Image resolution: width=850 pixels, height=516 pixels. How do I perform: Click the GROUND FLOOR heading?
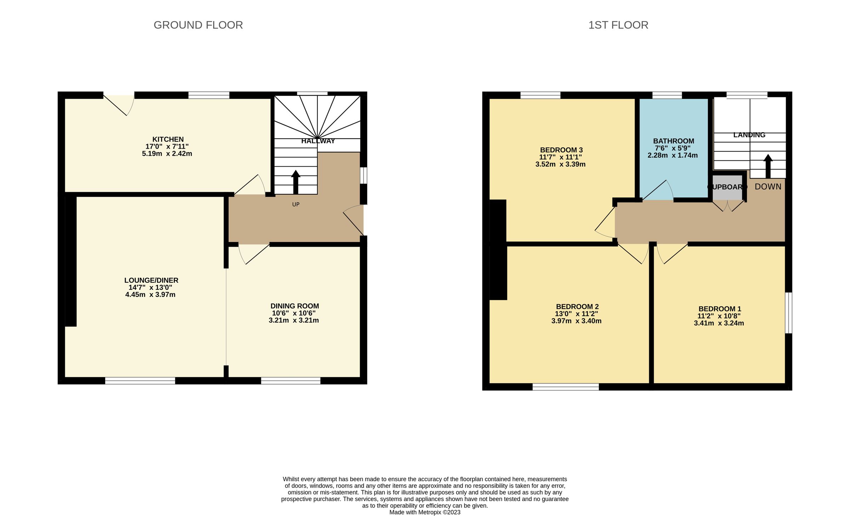coord(198,25)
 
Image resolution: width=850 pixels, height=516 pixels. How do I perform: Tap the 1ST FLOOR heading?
coord(618,25)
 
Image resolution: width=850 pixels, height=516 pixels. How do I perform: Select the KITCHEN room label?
coord(168,139)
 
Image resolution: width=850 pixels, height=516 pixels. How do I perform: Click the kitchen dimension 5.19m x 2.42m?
coord(167,154)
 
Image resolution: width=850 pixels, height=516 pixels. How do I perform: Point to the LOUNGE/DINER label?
coord(151,280)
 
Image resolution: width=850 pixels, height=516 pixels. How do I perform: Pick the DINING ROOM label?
coord(295,306)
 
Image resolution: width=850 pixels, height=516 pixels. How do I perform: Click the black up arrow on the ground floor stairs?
coord(296,182)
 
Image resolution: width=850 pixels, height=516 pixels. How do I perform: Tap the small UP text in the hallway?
coord(296,204)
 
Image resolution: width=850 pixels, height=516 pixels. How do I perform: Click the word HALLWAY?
coord(318,141)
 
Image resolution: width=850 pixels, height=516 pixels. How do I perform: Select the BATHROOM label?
coord(673,141)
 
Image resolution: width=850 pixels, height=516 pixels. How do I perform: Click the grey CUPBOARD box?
coord(727,187)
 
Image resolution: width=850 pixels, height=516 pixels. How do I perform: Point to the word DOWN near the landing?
coord(768,187)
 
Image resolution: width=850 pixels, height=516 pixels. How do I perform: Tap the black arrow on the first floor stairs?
coord(768,166)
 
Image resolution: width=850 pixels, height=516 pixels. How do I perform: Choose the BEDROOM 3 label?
coord(561,150)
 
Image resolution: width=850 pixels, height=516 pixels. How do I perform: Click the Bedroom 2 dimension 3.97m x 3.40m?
coord(576,321)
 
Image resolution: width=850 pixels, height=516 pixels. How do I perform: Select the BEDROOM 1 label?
coord(720,309)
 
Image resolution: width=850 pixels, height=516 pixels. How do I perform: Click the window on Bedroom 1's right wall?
coord(789,313)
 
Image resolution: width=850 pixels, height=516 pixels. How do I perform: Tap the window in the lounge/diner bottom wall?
coord(140,380)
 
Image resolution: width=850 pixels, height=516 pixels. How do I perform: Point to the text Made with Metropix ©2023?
coord(425,512)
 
